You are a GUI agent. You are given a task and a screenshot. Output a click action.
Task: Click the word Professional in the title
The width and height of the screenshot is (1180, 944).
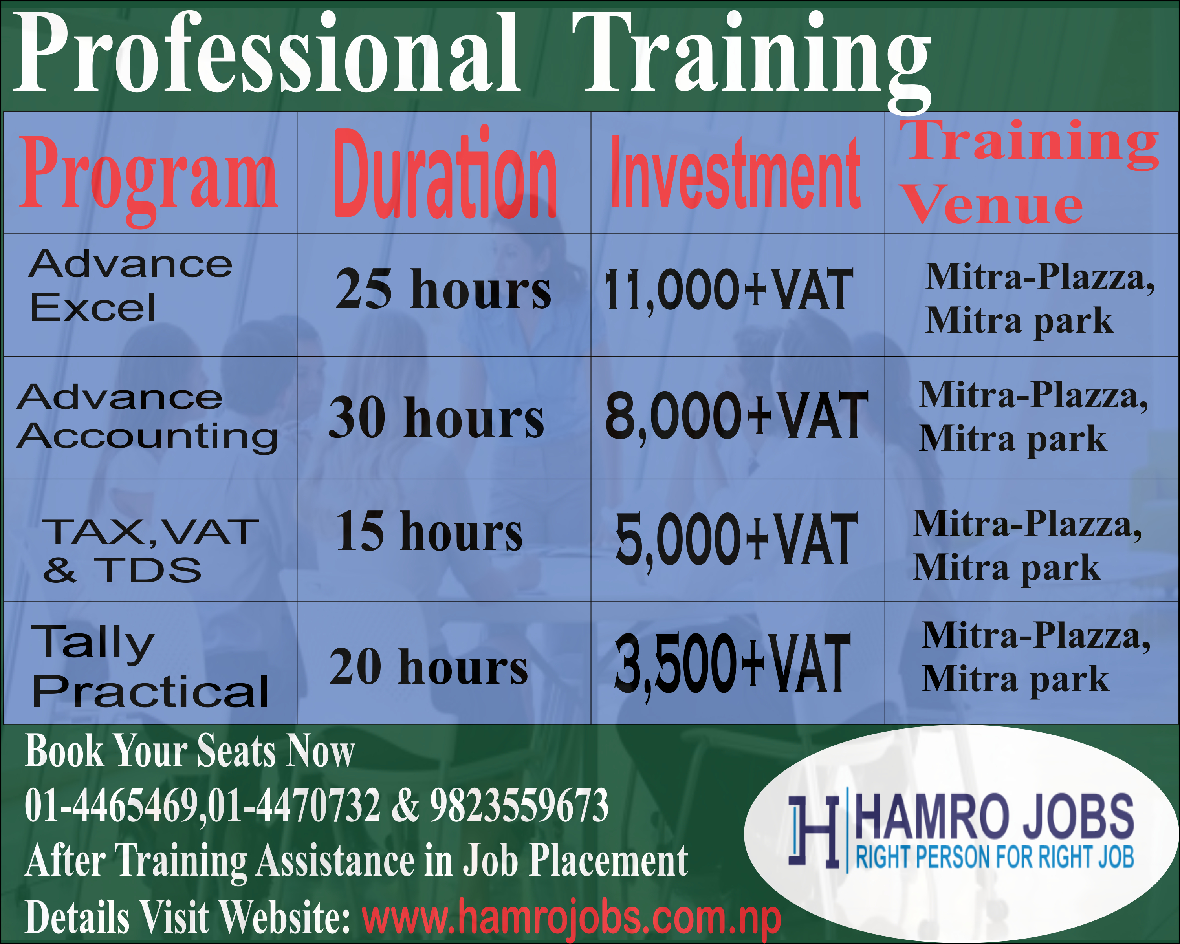267,53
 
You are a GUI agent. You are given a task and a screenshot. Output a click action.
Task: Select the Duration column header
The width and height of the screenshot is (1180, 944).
445,173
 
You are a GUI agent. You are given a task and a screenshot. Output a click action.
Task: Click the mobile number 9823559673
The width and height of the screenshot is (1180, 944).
519,805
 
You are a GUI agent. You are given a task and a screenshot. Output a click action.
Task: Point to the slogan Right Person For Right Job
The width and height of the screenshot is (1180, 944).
995,857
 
